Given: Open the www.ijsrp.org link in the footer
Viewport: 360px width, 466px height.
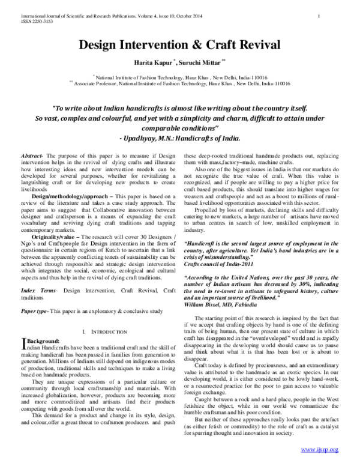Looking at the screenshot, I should click(319, 449).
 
